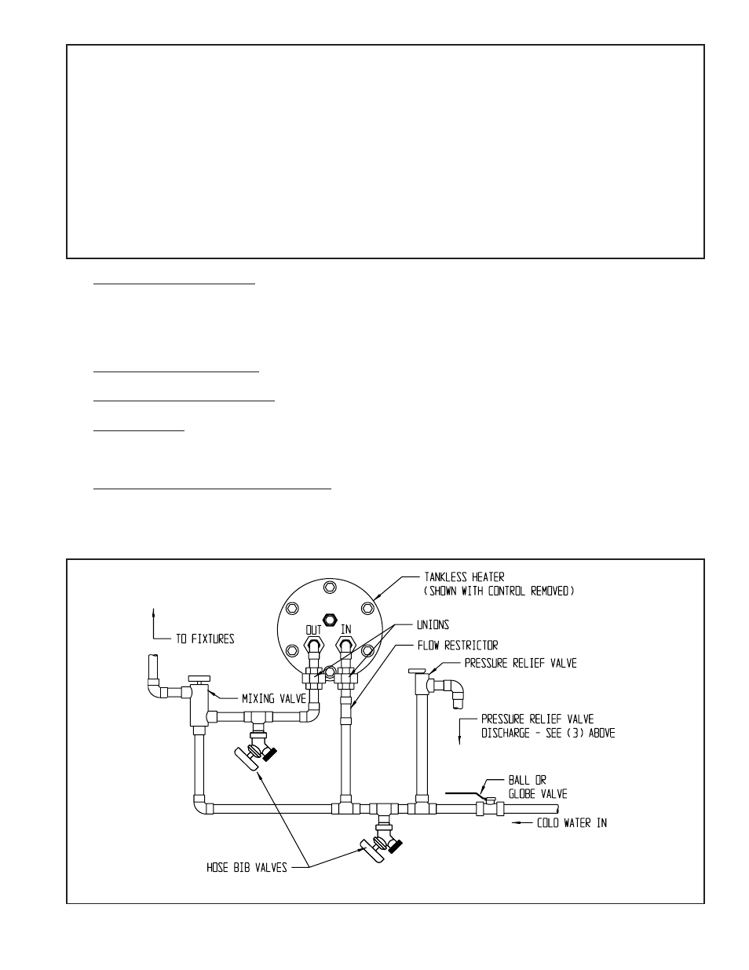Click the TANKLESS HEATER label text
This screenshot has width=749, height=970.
click(x=464, y=577)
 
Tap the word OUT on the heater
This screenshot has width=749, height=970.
click(x=313, y=630)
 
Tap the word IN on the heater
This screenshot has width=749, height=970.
click(x=346, y=629)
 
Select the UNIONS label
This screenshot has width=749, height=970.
click(x=433, y=625)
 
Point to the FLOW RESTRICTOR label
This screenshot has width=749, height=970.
click(x=458, y=646)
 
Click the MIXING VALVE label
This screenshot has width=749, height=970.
click(x=274, y=698)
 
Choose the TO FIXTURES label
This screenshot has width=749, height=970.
click(x=205, y=639)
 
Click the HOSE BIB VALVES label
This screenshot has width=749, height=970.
click(x=247, y=867)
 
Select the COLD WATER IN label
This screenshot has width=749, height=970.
click(x=572, y=822)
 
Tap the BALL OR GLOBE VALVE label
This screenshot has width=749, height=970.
click(x=538, y=787)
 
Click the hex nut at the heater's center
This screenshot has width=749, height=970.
click(x=330, y=620)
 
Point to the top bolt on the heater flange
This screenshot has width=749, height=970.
click(x=330, y=587)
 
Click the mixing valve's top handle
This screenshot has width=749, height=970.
click(x=199, y=679)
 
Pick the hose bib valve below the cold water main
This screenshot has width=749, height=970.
click(x=382, y=843)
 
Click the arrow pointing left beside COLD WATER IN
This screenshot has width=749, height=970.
click(x=522, y=822)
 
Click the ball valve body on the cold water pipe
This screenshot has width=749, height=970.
click(x=490, y=807)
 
